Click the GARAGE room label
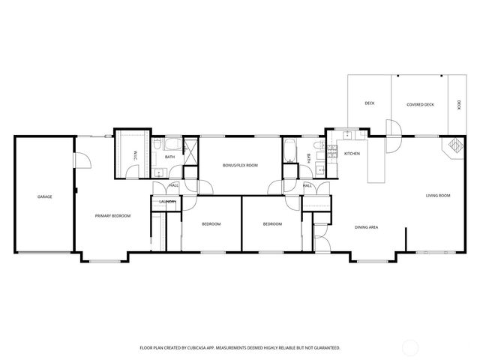(45, 196)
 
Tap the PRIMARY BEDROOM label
(112, 216)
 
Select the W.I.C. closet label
(136, 156)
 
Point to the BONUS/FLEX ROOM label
(240, 165)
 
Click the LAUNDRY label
(166, 202)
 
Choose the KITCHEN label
(352, 154)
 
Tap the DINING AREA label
(366, 226)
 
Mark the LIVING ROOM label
(438, 196)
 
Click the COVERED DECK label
(420, 104)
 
